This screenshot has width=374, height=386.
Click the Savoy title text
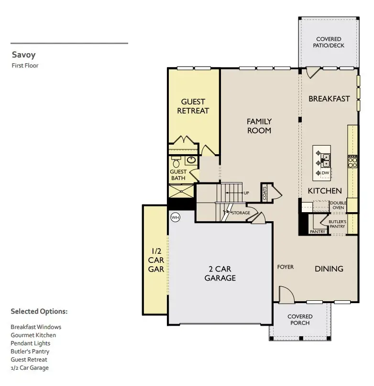tap(23, 55)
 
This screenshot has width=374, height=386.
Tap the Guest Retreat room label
tap(193, 106)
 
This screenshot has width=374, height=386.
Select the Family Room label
tap(259, 126)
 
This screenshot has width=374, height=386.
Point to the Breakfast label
tap(329, 99)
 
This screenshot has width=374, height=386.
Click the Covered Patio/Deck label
tap(329, 42)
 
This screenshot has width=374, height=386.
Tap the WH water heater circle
tap(175, 217)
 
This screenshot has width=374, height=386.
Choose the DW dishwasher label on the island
tap(325, 173)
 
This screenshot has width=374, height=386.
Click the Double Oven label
tap(338, 206)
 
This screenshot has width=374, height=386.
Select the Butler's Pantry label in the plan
tap(338, 224)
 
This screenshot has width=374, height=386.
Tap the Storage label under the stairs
tap(241, 213)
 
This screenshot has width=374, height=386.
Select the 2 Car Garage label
tap(220, 273)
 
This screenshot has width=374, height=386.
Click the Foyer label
tap(286, 267)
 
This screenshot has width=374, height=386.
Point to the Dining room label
tap(329, 269)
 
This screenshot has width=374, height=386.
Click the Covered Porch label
tap(300, 319)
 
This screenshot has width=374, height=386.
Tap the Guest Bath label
tap(178, 175)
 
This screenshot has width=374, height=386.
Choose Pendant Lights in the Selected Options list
tap(31, 343)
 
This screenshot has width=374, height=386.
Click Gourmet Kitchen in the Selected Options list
tap(33, 335)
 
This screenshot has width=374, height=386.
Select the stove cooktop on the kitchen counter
tap(352, 162)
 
